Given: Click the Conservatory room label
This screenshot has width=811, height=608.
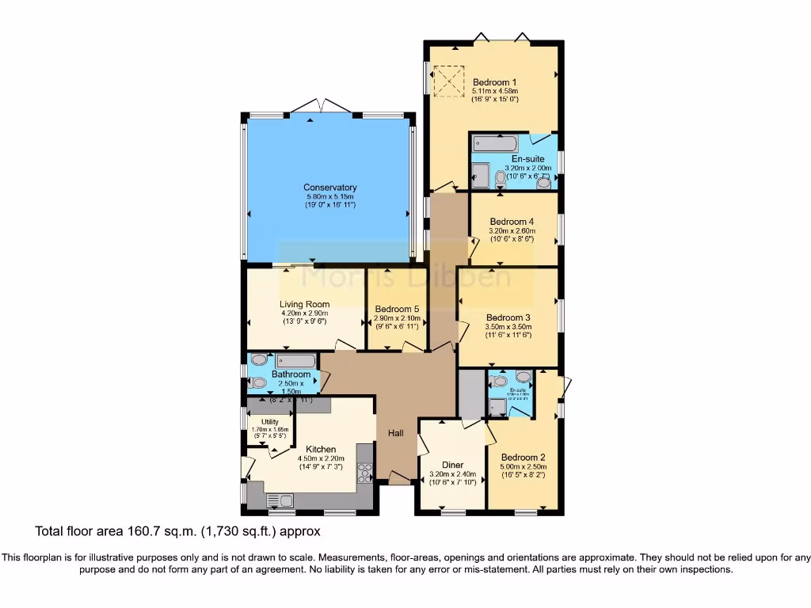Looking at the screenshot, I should [329, 188].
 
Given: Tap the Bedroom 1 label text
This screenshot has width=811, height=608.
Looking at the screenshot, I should [495, 82].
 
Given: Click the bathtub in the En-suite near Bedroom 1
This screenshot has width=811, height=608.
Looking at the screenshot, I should [495, 144].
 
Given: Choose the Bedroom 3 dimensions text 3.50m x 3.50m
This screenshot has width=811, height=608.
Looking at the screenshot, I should [508, 326].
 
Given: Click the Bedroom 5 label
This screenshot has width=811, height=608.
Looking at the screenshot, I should [397, 310].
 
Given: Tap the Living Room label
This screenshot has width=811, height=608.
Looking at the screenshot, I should [304, 304].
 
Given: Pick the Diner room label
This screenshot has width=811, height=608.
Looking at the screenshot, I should [452, 465].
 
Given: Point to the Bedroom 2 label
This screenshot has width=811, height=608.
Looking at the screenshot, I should [524, 457].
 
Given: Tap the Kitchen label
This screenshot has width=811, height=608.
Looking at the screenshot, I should [321, 449].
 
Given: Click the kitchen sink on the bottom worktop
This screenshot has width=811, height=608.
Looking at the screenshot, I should [280, 500].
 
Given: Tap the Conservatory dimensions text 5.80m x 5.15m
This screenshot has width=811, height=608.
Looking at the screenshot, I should [329, 196].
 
